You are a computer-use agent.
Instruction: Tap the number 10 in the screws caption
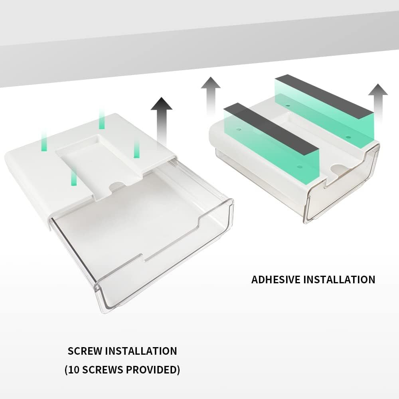[74, 370]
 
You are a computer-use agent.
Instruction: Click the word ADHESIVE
[276, 280]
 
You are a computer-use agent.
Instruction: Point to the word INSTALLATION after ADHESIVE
[340, 280]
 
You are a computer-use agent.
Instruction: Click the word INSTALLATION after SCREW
[141, 351]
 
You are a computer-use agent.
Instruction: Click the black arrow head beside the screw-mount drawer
[161, 104]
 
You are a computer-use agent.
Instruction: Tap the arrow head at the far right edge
[378, 89]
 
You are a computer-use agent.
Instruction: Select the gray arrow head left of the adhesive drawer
[211, 83]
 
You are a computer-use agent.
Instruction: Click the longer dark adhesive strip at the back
[324, 97]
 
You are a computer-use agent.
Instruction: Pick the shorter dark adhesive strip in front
[271, 130]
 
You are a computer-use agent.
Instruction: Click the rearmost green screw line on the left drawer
[102, 119]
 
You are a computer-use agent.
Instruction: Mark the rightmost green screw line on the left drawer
[136, 148]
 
